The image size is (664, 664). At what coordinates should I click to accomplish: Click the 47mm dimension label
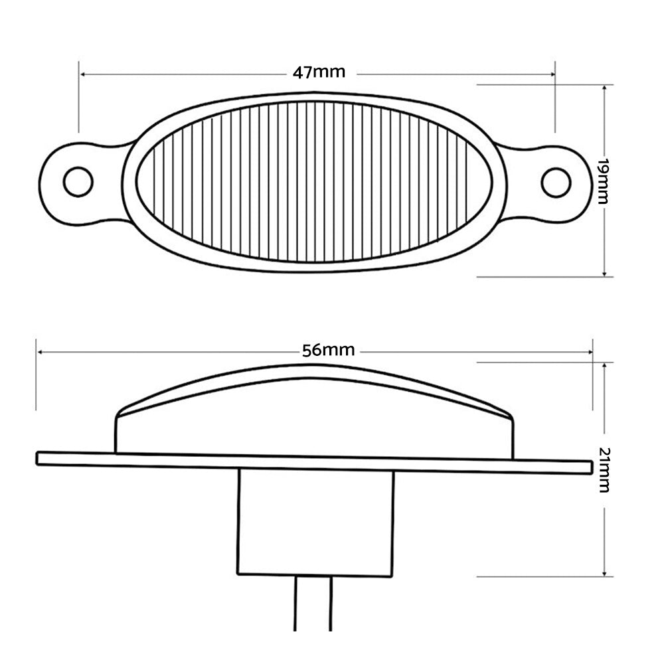pos(315,73)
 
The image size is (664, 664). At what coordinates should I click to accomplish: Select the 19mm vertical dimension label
pos(604,181)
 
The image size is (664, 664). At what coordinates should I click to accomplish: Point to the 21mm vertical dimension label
pos(604,470)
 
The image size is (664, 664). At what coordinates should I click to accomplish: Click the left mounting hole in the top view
pos(79,181)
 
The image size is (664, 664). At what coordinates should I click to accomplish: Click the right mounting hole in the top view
pos(555,181)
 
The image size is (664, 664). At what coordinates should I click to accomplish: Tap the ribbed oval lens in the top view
pos(315,181)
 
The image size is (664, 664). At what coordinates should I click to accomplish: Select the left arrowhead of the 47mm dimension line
pos(82,74)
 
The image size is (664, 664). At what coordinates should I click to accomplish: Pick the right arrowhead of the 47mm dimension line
pos(552,74)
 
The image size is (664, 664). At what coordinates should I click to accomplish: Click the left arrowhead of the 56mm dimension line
pos(41,352)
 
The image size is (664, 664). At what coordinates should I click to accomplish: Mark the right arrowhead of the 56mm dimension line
pos(589,352)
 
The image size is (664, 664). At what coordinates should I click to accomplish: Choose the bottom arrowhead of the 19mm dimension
pos(604,273)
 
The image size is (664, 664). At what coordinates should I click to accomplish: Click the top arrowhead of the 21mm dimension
pos(604,366)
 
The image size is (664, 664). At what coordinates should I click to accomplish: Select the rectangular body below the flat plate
pos(315,521)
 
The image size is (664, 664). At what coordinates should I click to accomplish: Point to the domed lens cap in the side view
pos(315,405)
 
